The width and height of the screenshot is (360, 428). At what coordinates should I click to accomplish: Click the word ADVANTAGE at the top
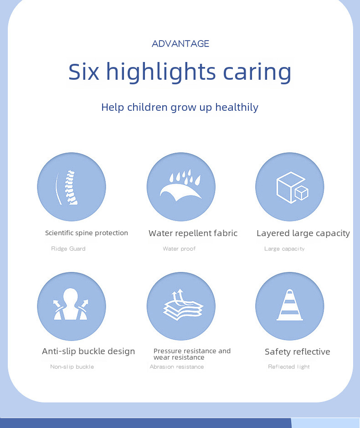(180, 44)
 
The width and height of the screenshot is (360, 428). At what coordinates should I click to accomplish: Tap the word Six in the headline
(83, 72)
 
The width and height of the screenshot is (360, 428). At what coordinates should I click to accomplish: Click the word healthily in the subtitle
(237, 107)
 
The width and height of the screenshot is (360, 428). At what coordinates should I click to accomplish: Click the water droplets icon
(180, 185)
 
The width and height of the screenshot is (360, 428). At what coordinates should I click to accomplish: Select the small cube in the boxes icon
(301, 193)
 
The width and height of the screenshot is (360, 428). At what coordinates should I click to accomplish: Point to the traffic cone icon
(289, 304)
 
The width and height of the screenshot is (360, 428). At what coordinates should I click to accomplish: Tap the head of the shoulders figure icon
(71, 296)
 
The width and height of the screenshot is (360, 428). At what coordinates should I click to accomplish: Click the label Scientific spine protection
(87, 233)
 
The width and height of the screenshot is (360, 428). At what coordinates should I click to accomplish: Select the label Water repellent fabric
(193, 233)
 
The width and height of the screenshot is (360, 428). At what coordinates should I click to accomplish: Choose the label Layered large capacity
(303, 233)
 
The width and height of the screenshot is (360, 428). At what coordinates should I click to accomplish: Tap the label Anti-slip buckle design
(88, 351)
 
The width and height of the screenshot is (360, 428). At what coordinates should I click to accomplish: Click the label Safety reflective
(298, 352)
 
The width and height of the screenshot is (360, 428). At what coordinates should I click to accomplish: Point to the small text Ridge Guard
(68, 249)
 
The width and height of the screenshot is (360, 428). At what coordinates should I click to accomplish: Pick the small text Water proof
(180, 249)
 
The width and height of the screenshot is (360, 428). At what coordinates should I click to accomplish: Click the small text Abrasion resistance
(177, 367)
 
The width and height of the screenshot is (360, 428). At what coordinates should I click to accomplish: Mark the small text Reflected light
(289, 367)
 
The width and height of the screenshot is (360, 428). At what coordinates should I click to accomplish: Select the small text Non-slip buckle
(72, 367)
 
